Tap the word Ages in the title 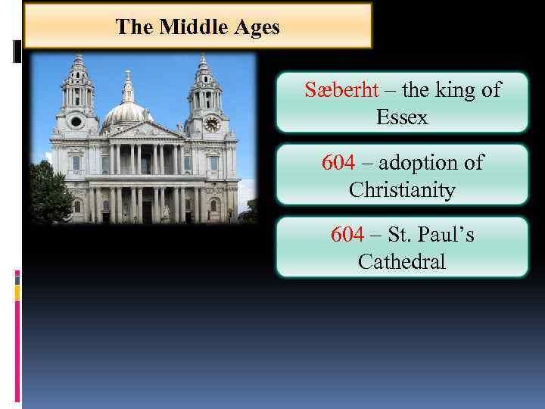click(x=257, y=28)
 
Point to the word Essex click(x=401, y=117)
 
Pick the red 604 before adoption click(x=338, y=163)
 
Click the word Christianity click(x=401, y=189)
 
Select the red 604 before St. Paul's click(x=347, y=235)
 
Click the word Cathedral click(x=401, y=262)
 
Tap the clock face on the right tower click(x=212, y=123)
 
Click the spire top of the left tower click(x=78, y=58)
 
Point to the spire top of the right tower click(x=203, y=58)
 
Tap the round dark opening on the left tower click(x=76, y=121)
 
